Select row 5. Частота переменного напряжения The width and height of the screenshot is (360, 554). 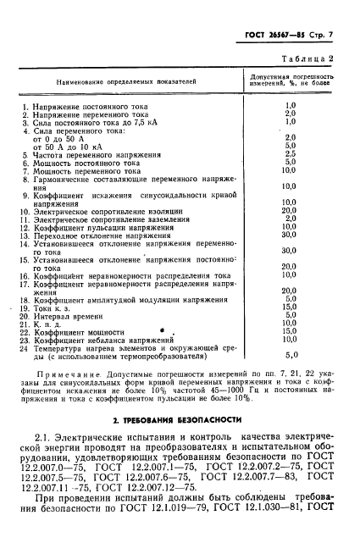[x=93, y=156]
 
